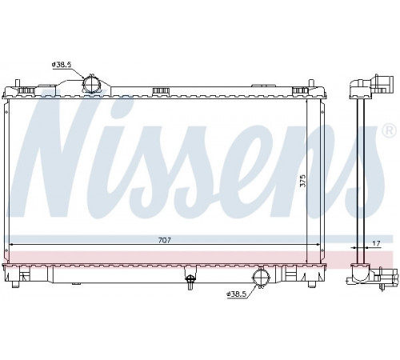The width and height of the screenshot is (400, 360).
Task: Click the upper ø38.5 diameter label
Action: coord(62,64)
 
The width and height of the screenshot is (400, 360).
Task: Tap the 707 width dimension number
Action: coord(165,240)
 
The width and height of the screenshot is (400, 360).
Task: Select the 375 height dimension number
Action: coord(303,181)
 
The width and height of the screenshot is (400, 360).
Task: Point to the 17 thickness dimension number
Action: coord(376,243)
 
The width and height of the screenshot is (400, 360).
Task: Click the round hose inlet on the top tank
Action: coord(91,83)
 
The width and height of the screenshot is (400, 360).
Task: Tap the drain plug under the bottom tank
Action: coord(190,281)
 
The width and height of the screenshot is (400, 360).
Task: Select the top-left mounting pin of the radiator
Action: coord(18,82)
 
